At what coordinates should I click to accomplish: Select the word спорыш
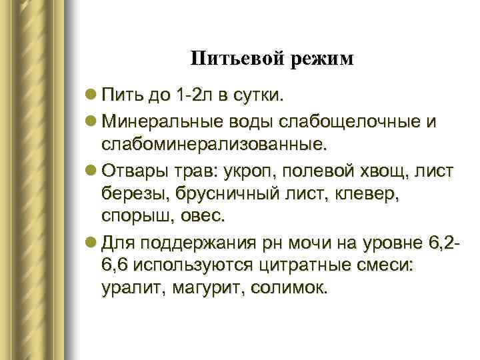pos(135,216)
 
